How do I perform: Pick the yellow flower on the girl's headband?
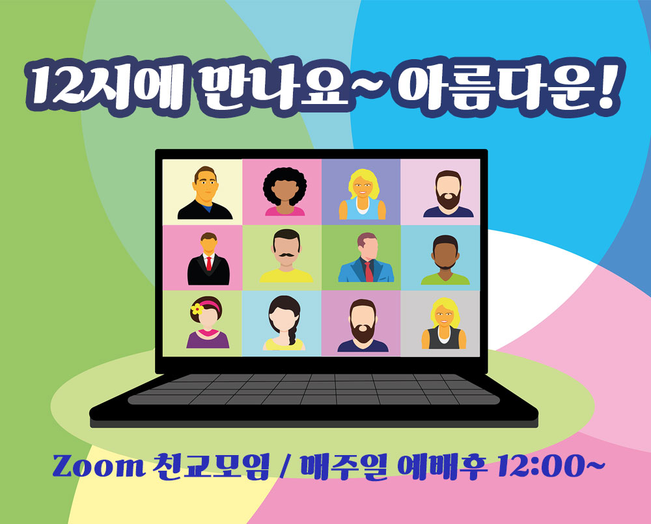197,308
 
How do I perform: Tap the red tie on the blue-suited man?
368,271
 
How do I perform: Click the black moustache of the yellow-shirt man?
286,254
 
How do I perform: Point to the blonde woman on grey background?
443,323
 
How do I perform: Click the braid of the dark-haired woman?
292,335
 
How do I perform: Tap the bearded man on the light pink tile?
448,194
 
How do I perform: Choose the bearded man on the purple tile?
363,326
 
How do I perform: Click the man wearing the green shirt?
445,260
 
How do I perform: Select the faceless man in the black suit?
208,259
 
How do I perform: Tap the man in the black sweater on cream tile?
205,193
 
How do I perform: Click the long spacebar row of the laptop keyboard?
314,400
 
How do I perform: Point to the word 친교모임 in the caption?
211,467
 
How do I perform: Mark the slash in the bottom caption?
284,467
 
